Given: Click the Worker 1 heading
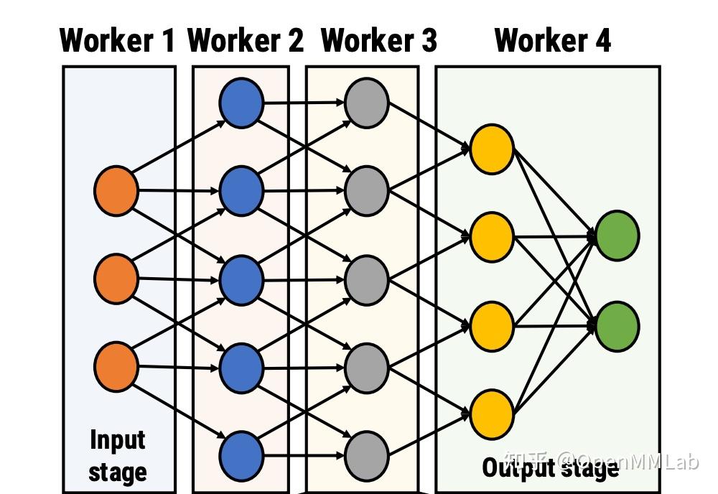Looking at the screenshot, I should pyautogui.click(x=117, y=41).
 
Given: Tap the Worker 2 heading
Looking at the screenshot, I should pyautogui.click(x=246, y=41).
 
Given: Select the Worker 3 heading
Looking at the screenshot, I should pyautogui.click(x=378, y=41).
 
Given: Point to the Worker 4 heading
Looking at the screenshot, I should pyautogui.click(x=552, y=41).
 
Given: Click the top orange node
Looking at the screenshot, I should pyautogui.click(x=116, y=191).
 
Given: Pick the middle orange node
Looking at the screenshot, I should pyautogui.click(x=116, y=279).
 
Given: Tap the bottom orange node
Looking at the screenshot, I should pyautogui.click(x=116, y=367).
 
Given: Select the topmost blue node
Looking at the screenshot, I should pyautogui.click(x=241, y=103).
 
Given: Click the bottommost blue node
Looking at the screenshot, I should pyautogui.click(x=241, y=456).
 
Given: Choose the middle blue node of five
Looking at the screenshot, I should pyautogui.click(x=241, y=280).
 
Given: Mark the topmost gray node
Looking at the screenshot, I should pyautogui.click(x=366, y=103).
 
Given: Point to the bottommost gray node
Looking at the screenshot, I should pyautogui.click(x=366, y=455).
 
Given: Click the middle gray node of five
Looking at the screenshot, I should pyautogui.click(x=366, y=280).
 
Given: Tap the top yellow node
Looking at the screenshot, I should pyautogui.click(x=492, y=149).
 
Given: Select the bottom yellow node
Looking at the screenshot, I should pyautogui.click(x=492, y=414).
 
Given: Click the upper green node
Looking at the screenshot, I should pyautogui.click(x=617, y=235).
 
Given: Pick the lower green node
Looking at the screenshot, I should pyautogui.click(x=617, y=327).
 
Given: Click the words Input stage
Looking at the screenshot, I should pyautogui.click(x=118, y=456).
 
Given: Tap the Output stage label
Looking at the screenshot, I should pyautogui.click(x=550, y=468).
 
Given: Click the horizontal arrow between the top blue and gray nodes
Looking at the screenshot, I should pyautogui.click(x=303, y=103).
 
